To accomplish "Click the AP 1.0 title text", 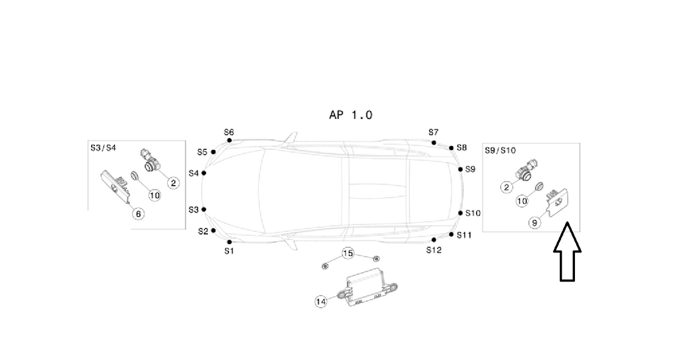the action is coord(351,115).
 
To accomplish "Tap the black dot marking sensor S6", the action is coord(229,140).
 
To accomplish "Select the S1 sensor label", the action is coord(229,251).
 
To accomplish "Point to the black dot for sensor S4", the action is coord(203,173).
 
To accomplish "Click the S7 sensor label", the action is coord(433,132).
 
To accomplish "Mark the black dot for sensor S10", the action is coord(460,213).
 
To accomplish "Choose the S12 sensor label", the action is coord(434,250).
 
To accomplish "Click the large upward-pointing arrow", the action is coord(567,252).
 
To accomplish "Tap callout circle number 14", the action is coord(321,302).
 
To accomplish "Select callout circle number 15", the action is coord(348,253).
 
